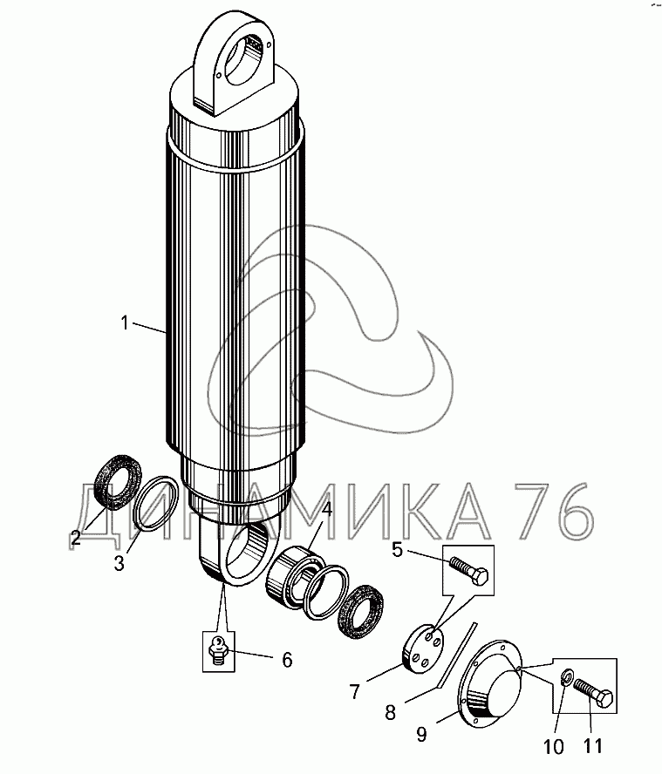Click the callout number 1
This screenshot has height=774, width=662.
click(x=125, y=323)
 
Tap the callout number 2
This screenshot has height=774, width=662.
click(x=76, y=538)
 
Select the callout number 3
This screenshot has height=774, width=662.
click(x=119, y=562)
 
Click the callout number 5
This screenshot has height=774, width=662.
click(x=398, y=549)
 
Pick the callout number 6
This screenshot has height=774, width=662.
click(x=288, y=660)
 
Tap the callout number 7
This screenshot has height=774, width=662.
click(x=355, y=691)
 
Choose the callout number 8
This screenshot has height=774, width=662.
click(x=390, y=712)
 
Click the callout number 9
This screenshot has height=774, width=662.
click(x=421, y=735)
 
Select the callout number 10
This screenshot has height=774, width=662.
click(x=554, y=747)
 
